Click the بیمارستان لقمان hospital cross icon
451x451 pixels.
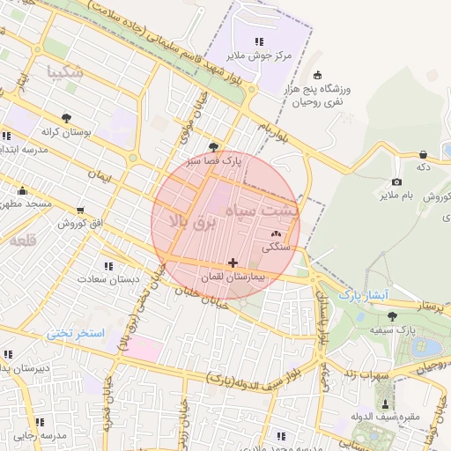tap(233, 262)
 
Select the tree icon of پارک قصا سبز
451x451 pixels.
tap(213, 147)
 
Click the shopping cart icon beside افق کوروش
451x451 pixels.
tap(80, 211)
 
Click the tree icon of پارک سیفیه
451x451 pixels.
tap(392, 315)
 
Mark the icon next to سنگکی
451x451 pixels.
tap(277, 233)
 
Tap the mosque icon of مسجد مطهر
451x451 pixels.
tap(22, 190)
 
